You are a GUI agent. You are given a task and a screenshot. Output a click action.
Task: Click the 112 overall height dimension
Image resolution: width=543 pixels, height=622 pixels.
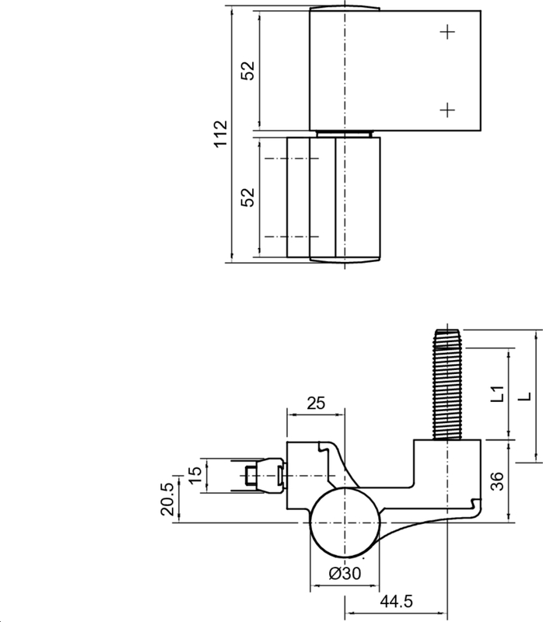tap(220, 135)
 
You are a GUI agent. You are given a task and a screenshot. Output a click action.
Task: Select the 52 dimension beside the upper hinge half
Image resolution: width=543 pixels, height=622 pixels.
tap(247, 71)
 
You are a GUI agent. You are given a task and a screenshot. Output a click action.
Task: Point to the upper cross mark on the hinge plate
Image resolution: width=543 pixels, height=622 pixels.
tap(447, 32)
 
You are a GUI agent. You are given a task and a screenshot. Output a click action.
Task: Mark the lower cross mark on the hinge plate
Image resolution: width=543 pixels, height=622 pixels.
tap(447, 110)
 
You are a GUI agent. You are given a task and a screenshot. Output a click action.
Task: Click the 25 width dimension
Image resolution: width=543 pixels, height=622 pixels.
tap(315, 403)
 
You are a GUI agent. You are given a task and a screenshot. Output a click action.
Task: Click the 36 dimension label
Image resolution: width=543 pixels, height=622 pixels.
tap(498, 481)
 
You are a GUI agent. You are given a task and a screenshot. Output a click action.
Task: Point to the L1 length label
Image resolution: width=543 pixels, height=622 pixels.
tap(498, 394)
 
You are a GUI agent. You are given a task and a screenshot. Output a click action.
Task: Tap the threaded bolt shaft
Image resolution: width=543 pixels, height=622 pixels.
tap(447, 381)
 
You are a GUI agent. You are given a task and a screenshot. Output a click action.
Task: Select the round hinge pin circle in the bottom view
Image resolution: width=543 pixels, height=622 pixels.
tap(344, 523)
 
